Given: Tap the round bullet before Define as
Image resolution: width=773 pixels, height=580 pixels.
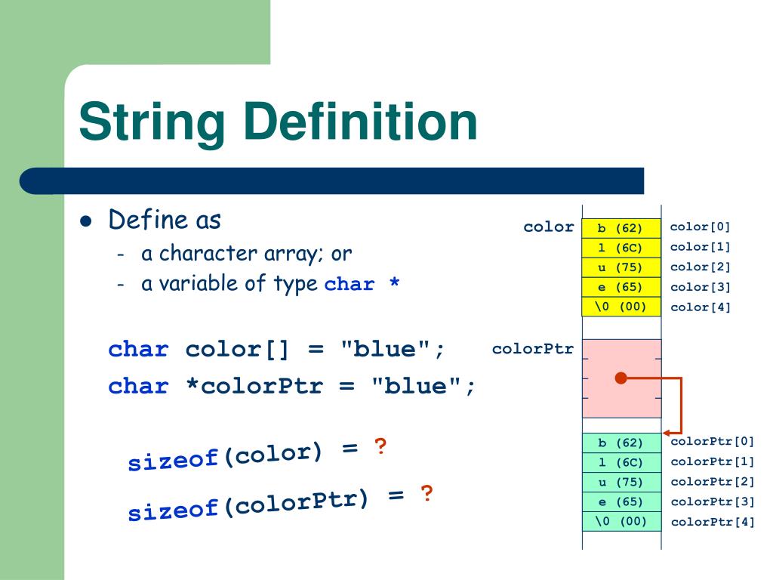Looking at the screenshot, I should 85,222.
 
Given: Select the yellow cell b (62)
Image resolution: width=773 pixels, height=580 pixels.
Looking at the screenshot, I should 621,227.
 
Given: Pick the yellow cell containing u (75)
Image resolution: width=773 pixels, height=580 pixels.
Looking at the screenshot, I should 621,267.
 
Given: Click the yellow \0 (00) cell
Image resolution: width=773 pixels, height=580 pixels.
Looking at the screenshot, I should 621,307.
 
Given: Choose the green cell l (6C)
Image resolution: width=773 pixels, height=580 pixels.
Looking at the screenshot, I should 621,462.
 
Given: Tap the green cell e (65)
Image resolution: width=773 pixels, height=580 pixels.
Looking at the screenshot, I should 621,501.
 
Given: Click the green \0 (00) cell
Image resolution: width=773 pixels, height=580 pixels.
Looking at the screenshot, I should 621,521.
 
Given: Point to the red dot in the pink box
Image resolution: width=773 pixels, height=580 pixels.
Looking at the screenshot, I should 621,378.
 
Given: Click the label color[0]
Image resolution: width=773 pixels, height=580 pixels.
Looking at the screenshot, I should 700,227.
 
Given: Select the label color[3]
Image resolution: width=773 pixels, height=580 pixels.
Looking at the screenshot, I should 700,287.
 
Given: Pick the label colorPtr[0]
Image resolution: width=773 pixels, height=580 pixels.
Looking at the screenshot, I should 712,442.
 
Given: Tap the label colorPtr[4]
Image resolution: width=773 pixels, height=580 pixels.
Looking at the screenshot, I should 712,521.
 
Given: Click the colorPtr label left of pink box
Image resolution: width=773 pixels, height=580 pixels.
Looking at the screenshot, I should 532,349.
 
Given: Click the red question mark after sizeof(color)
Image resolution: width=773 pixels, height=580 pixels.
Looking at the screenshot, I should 380,446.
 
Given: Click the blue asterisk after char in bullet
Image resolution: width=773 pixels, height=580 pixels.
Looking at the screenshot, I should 393,285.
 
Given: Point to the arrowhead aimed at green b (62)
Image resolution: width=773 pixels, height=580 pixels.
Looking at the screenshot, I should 667,433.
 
